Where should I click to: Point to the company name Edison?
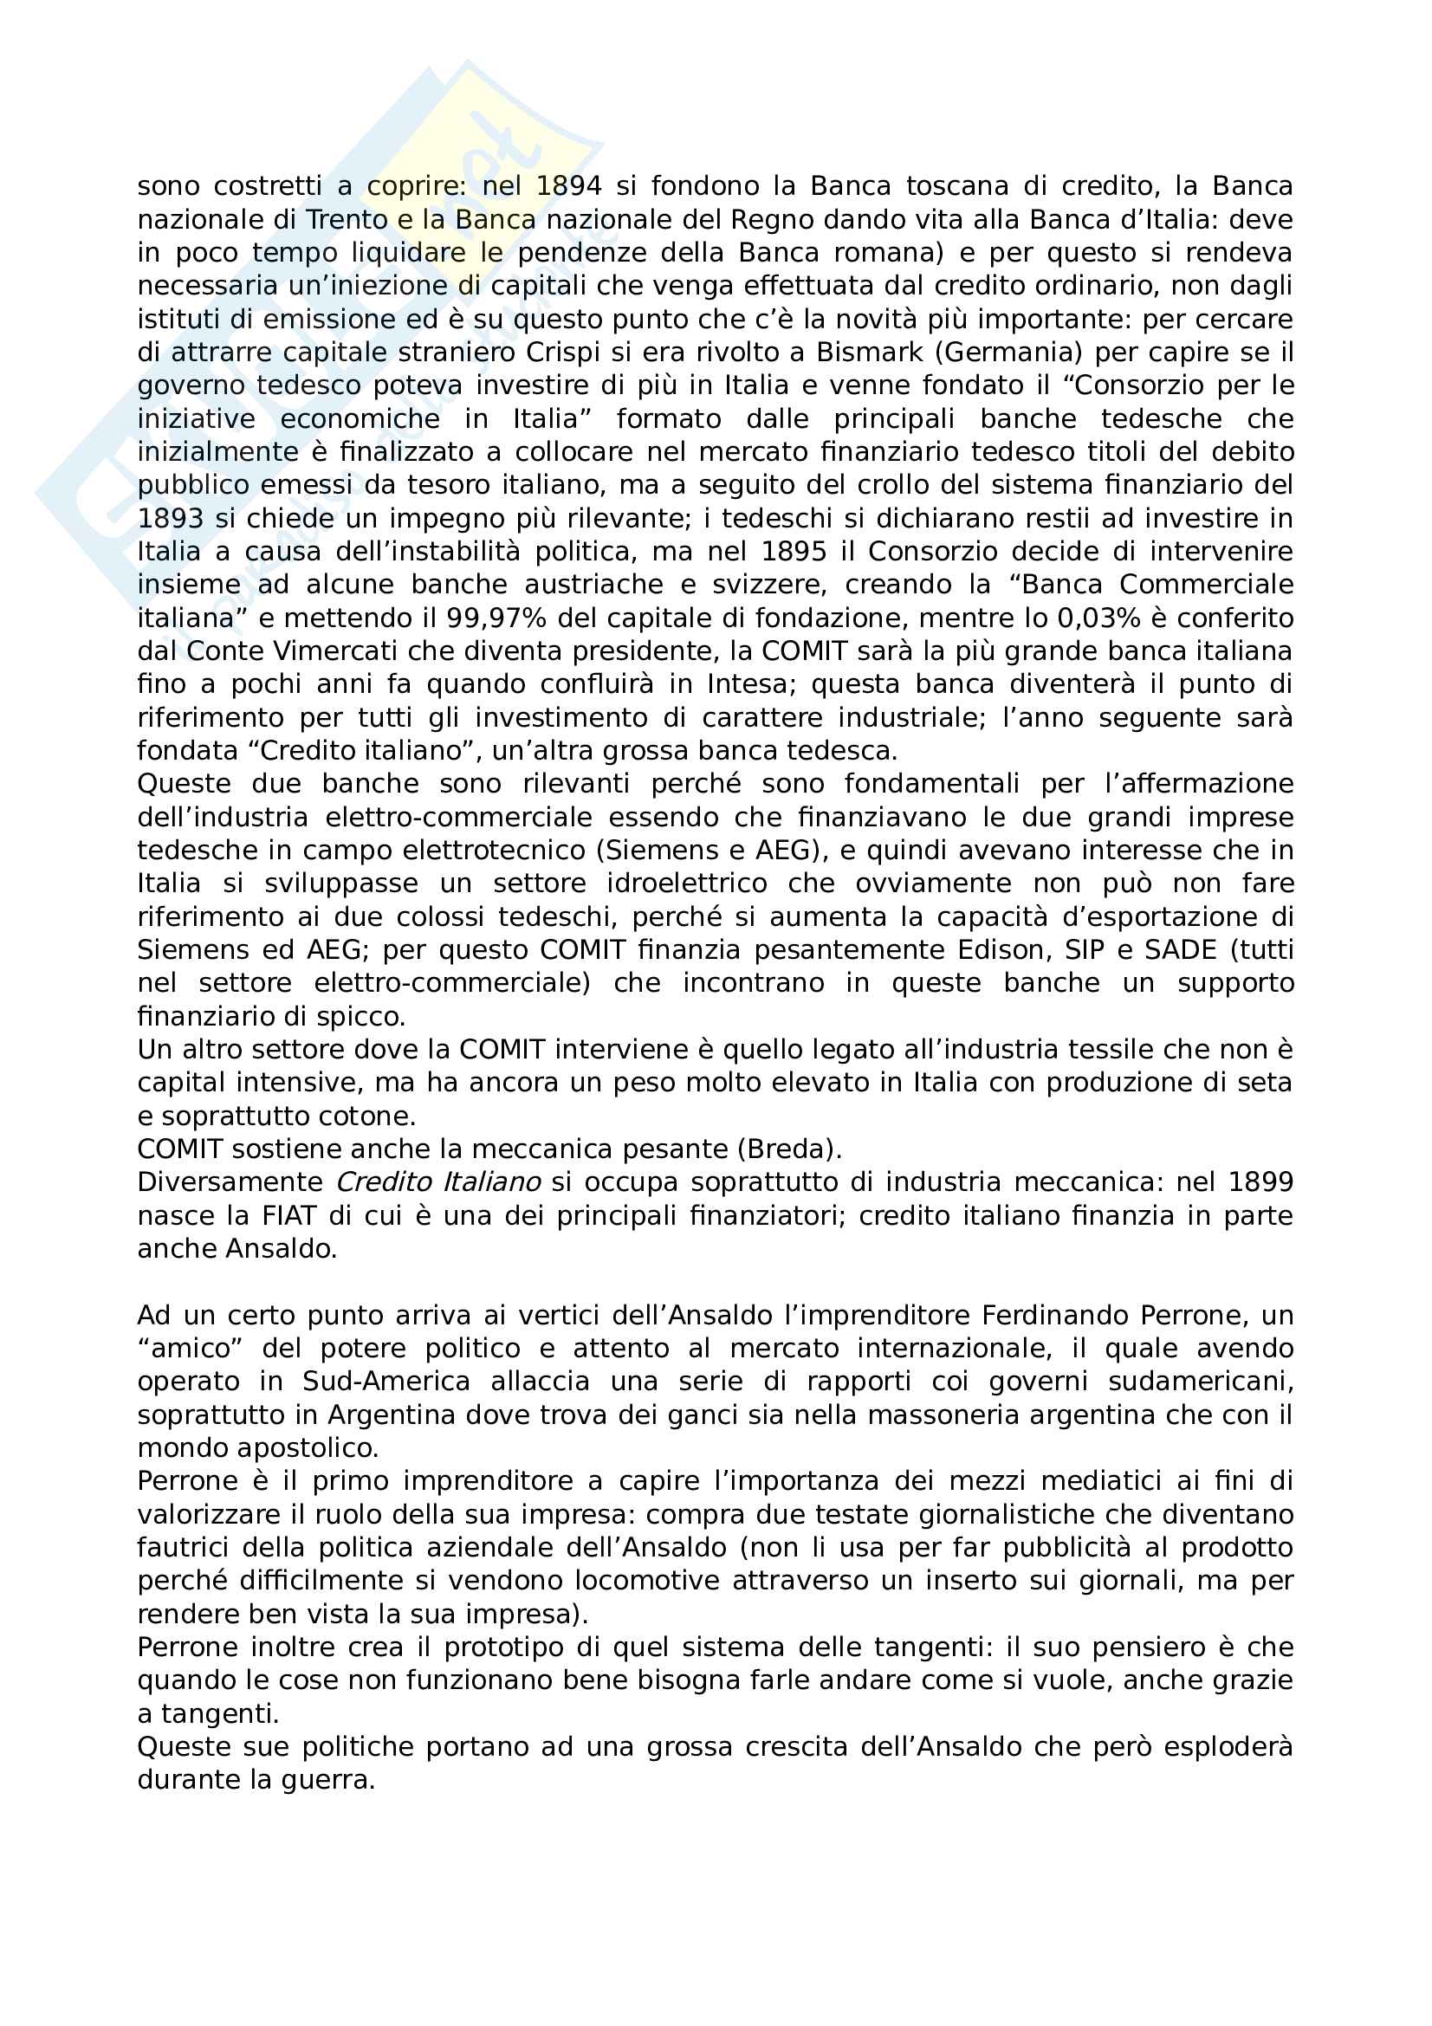tap(995, 949)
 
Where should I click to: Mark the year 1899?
tap(1260, 1181)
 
